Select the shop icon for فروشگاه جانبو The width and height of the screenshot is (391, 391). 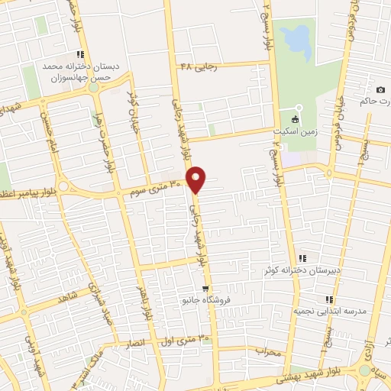tap(205, 289)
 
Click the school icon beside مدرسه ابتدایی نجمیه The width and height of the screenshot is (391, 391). tap(329, 299)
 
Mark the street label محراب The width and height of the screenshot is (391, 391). tap(267, 352)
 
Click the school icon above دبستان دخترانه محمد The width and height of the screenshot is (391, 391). tap(79, 53)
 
